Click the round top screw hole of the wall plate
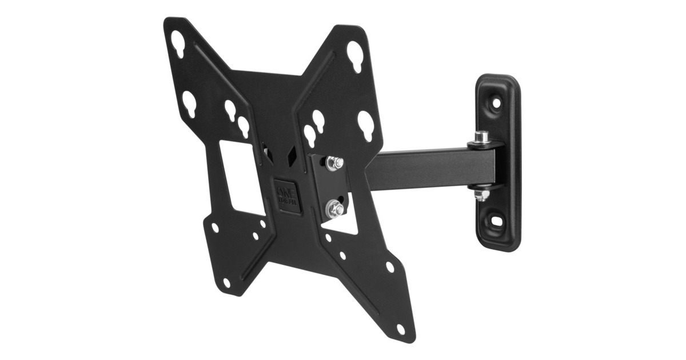(x=496, y=103)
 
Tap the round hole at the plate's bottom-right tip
(x=400, y=329)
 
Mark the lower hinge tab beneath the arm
(x=486, y=186)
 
